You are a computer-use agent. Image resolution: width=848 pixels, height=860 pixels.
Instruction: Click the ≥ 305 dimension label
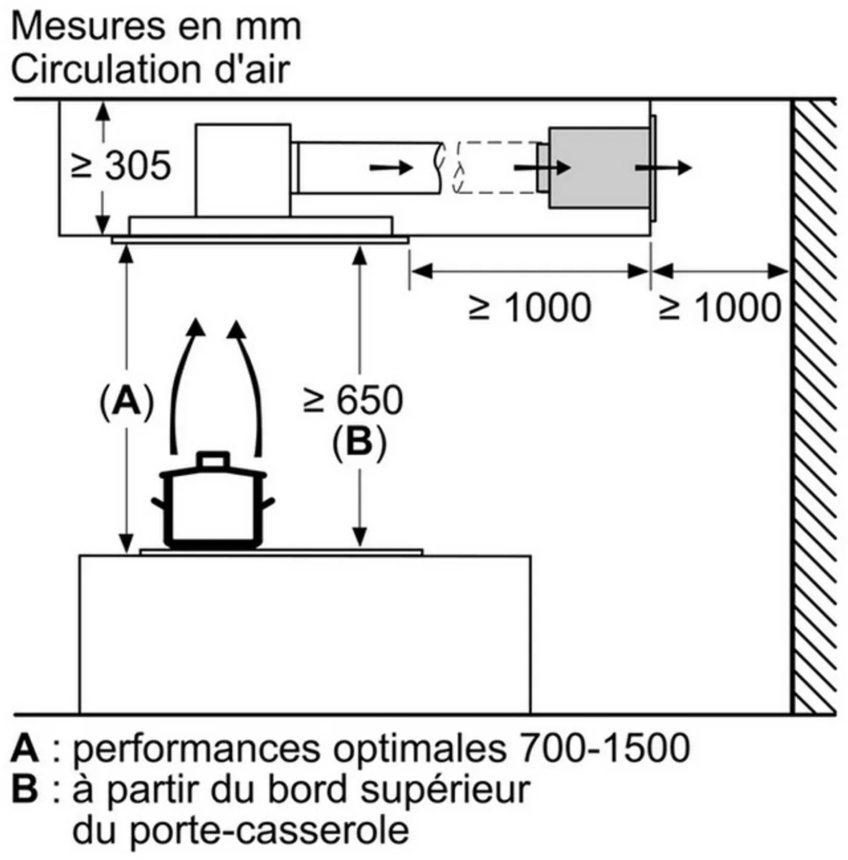tap(121, 166)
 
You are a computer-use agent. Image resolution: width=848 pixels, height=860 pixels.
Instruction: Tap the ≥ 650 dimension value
tap(353, 401)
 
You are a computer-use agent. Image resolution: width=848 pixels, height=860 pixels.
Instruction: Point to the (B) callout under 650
tap(359, 443)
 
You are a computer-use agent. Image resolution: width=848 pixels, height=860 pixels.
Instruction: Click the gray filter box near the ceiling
tap(599, 168)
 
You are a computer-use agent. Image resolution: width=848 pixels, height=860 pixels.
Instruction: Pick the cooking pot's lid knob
tap(213, 459)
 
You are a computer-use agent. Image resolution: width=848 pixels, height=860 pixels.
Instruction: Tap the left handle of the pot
tap(158, 504)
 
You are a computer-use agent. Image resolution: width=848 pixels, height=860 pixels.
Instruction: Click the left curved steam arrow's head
tap(195, 327)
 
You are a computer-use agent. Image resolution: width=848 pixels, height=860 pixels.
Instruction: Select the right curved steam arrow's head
tap(237, 328)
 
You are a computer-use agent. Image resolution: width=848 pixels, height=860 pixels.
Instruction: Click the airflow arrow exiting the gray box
tap(664, 168)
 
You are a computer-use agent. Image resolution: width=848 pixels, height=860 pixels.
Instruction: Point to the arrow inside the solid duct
tap(391, 168)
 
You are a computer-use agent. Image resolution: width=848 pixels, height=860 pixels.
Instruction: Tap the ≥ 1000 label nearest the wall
tap(720, 307)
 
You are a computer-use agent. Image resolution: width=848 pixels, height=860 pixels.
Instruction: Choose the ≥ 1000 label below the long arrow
tap(530, 307)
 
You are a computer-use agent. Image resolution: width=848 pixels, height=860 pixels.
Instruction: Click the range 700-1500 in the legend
tap(605, 747)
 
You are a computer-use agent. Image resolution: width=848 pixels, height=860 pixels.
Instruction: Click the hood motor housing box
tap(243, 171)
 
